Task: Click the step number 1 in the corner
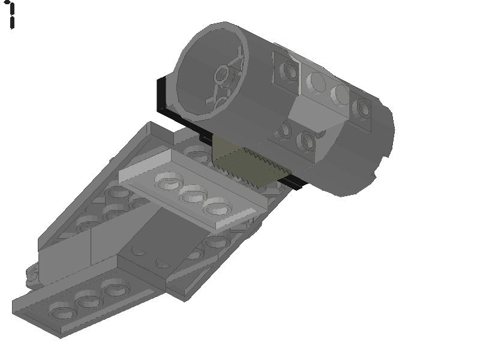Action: point(11,14)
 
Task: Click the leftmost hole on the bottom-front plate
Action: point(62,312)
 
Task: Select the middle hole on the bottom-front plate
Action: point(87,299)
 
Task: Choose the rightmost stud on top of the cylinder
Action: point(362,107)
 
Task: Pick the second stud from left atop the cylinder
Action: point(316,82)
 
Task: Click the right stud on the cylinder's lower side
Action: point(307,142)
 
